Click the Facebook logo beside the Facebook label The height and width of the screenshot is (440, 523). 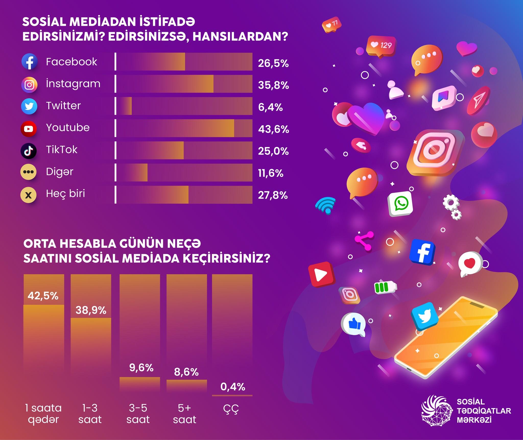pos(29,62)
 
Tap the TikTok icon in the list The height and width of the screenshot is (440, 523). pos(28,151)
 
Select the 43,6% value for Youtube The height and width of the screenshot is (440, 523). pos(274,129)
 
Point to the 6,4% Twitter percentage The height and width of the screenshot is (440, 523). pos(270,107)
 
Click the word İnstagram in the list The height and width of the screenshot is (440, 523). pos(73,84)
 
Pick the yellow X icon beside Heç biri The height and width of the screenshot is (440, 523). pos(28,195)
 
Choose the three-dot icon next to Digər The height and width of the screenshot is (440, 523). pos(28,172)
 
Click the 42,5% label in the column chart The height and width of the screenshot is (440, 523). pos(43,296)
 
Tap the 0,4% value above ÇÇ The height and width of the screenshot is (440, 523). pos(233,387)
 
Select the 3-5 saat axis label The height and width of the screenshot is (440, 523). pos(138,414)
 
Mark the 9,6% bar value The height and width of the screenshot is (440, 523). pos(141,368)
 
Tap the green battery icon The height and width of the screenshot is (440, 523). pos(385,287)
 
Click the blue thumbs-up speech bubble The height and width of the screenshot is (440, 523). pos(353,324)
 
